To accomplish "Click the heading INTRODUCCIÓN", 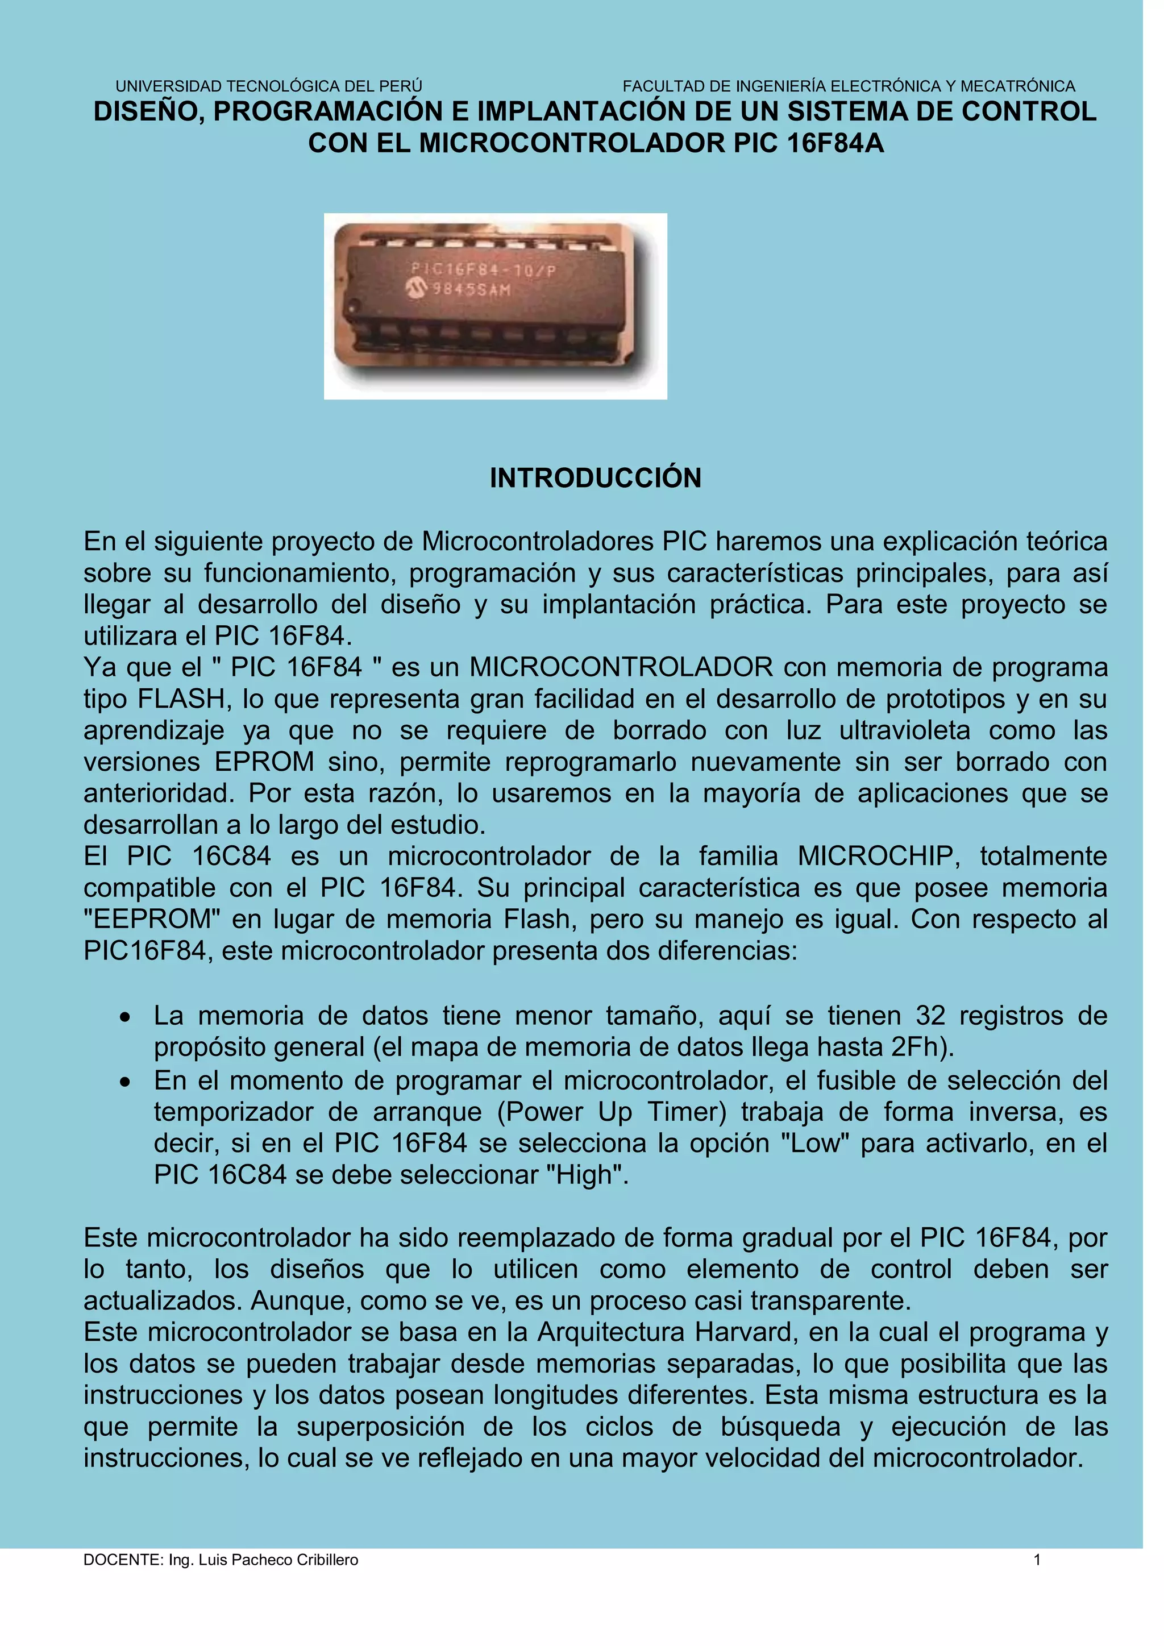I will point(595,478).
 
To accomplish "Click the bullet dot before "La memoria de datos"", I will point(126,1017).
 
